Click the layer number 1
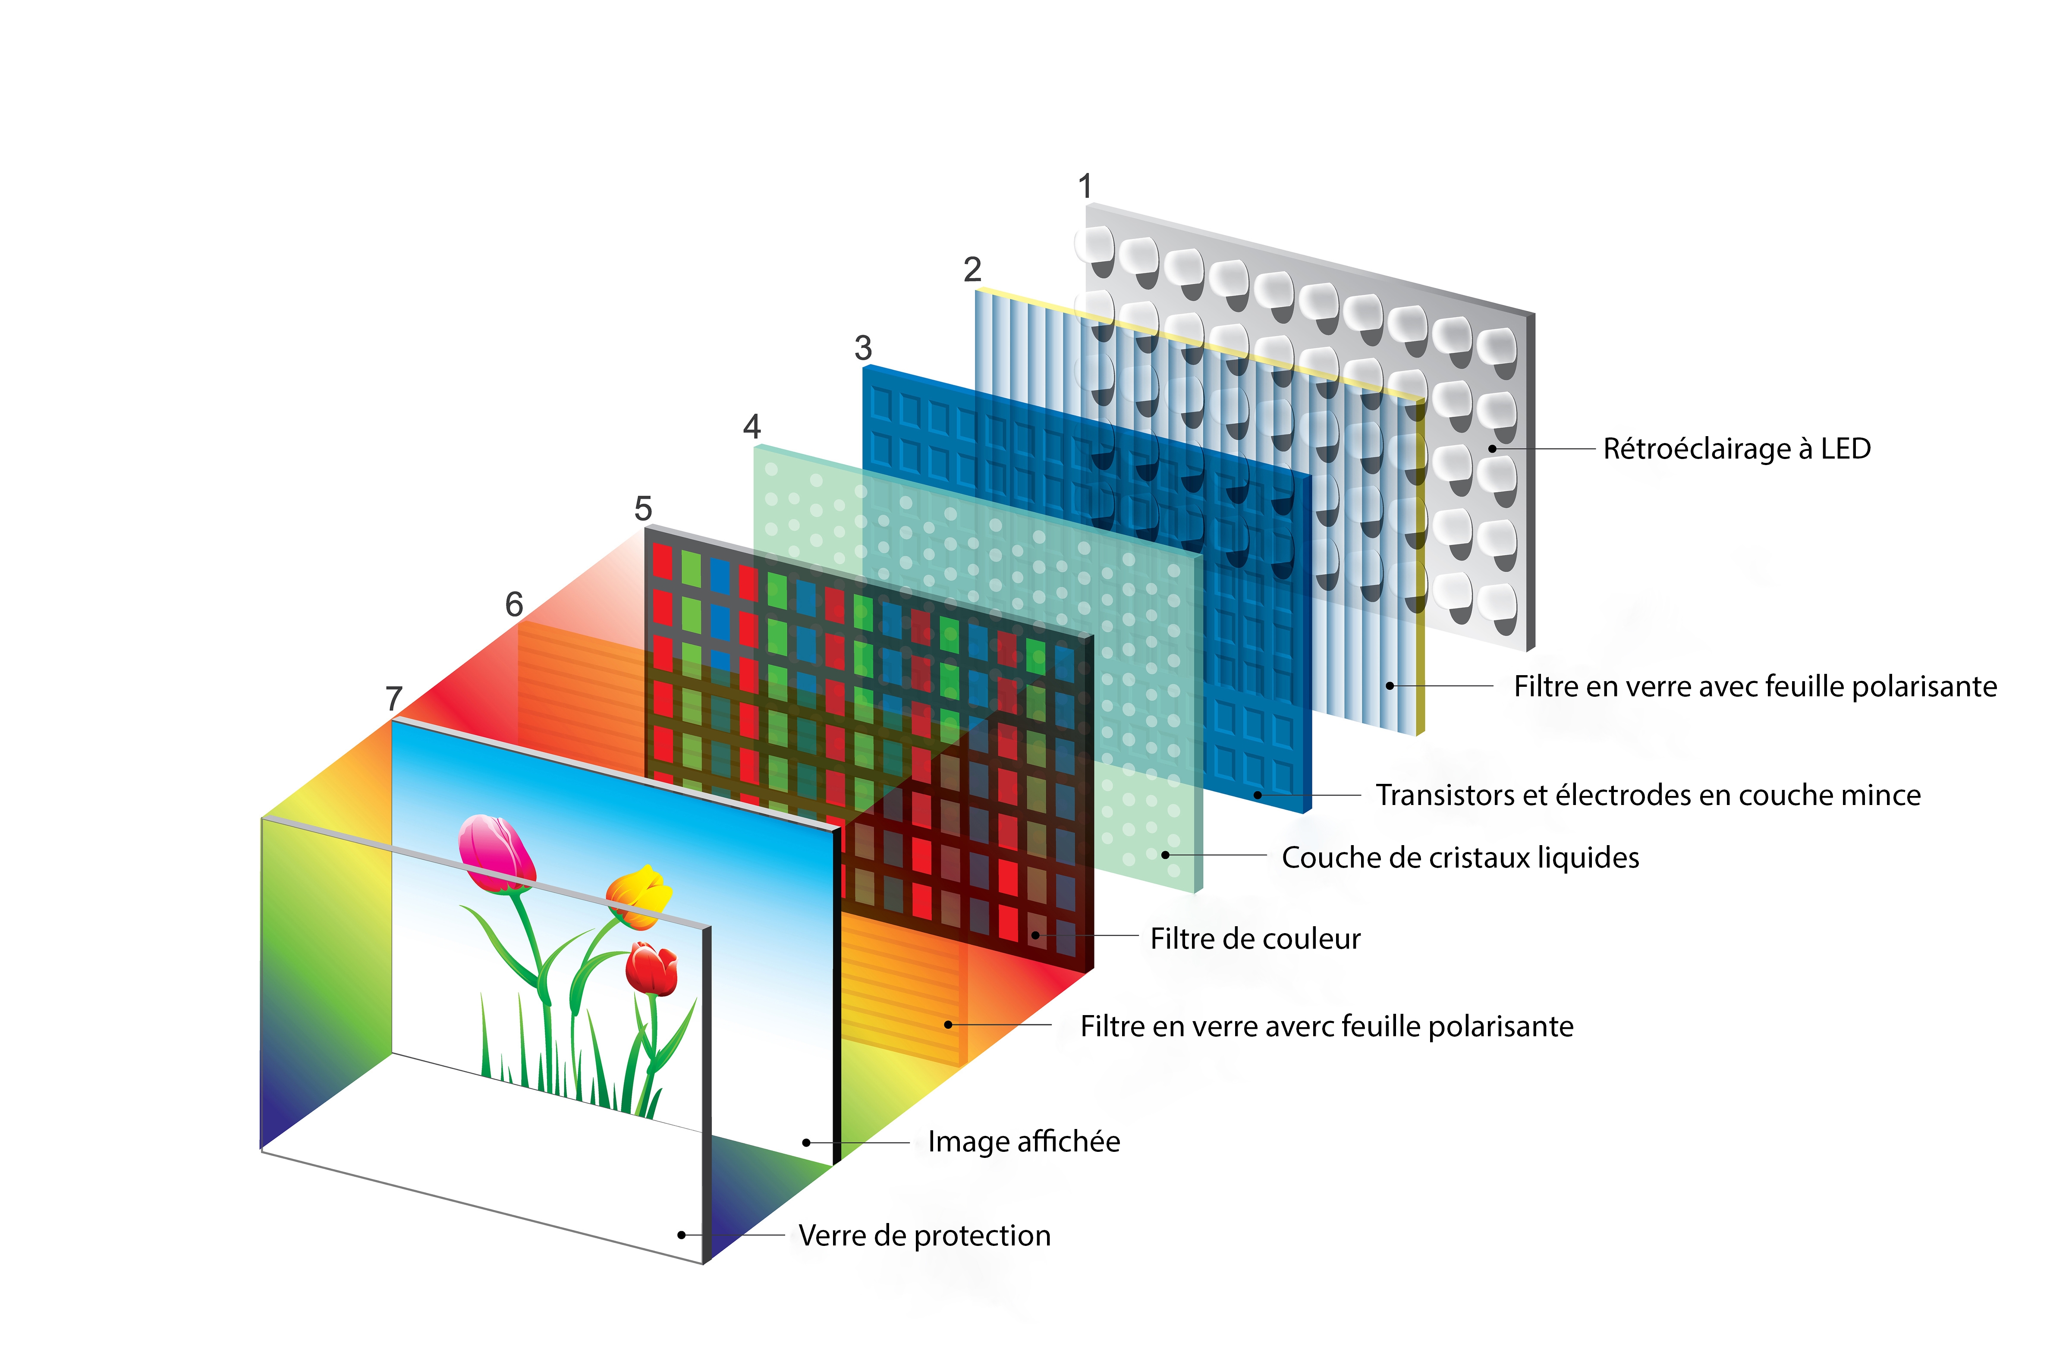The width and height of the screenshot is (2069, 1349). click(1085, 186)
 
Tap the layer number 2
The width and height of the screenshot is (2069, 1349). click(973, 270)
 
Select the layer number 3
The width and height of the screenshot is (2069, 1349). click(863, 349)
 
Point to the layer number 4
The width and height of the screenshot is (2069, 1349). click(752, 427)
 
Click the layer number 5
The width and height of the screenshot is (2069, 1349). click(643, 509)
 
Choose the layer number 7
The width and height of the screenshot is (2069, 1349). click(394, 698)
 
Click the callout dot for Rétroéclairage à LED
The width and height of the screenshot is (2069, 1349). click(1492, 449)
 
